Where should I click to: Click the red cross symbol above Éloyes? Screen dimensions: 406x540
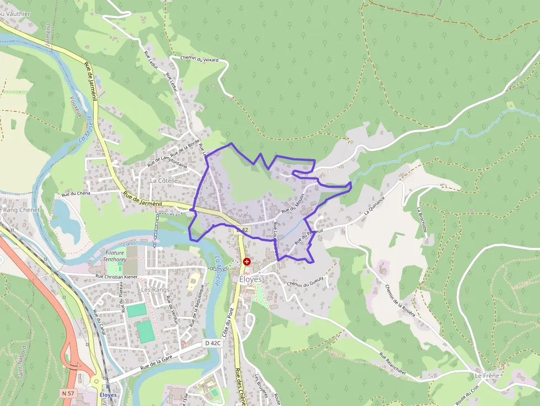247,262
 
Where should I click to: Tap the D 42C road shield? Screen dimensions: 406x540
212,343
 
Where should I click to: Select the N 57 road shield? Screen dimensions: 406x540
68,393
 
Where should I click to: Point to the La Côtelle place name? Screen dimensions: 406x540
164,180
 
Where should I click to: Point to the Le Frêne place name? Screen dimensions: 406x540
487,376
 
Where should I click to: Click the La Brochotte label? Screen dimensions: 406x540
424,222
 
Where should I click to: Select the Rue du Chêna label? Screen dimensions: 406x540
76,193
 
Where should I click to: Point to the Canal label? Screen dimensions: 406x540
129,243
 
